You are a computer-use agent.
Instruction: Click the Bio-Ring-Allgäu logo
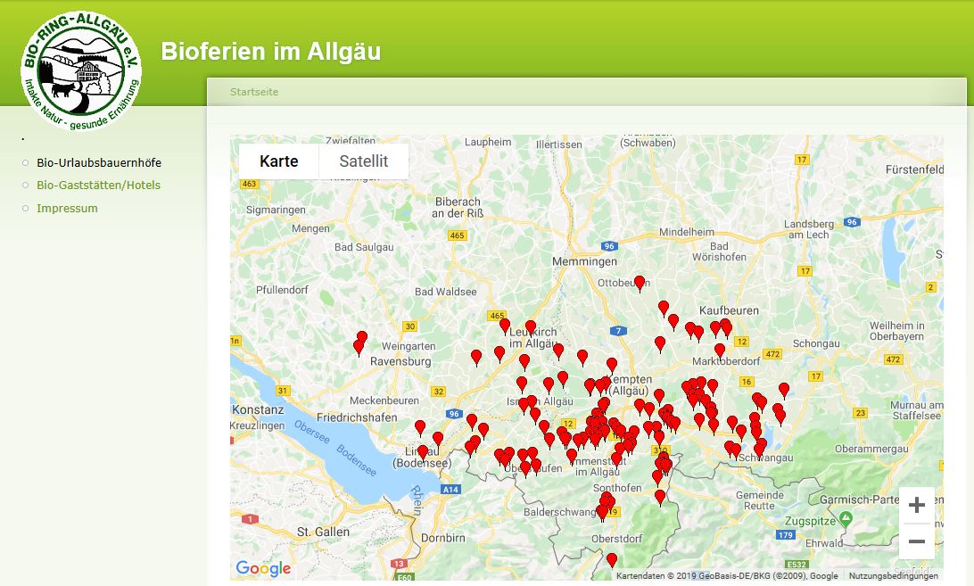click(x=81, y=70)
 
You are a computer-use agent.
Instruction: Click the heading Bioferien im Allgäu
click(x=270, y=52)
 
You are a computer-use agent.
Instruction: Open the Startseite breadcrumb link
click(x=254, y=92)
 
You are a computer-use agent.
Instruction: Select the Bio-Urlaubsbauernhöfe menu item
click(x=99, y=162)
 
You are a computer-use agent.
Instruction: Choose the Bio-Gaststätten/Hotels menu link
click(x=98, y=185)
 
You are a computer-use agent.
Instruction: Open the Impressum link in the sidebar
click(x=67, y=208)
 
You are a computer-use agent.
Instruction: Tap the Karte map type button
click(x=278, y=161)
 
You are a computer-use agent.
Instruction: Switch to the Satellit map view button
click(x=363, y=161)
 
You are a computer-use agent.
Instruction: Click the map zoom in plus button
click(x=916, y=506)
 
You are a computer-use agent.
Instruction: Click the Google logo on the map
click(x=262, y=568)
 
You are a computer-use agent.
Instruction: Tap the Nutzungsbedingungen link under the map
click(x=893, y=576)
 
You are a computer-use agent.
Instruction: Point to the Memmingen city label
click(x=584, y=261)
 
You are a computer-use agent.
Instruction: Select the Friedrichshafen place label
click(x=357, y=417)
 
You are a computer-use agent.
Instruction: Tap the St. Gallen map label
click(x=323, y=532)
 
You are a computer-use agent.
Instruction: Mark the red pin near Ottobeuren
click(x=639, y=283)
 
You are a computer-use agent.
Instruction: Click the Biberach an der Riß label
click(x=457, y=207)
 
